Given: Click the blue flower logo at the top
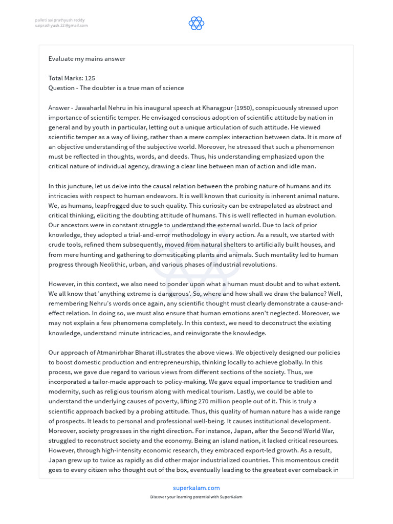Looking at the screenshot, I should pyautogui.click(x=196, y=23).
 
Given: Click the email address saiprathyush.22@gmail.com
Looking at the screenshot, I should pyautogui.click(x=61, y=25).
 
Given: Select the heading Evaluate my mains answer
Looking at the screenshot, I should pyautogui.click(x=87, y=59).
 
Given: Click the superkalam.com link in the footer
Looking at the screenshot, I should pyautogui.click(x=196, y=488).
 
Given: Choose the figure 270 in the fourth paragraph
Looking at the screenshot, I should pyautogui.click(x=211, y=402).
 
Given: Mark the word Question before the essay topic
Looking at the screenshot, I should pyautogui.click(x=62, y=88).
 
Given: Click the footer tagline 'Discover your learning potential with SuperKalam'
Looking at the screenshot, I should pyautogui.click(x=196, y=497).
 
